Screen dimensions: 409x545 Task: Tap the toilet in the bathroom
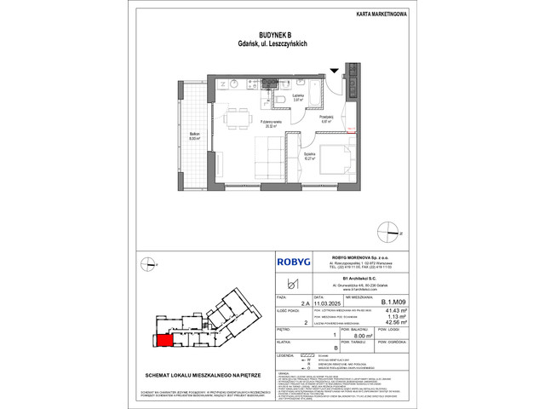pos(280,100)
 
